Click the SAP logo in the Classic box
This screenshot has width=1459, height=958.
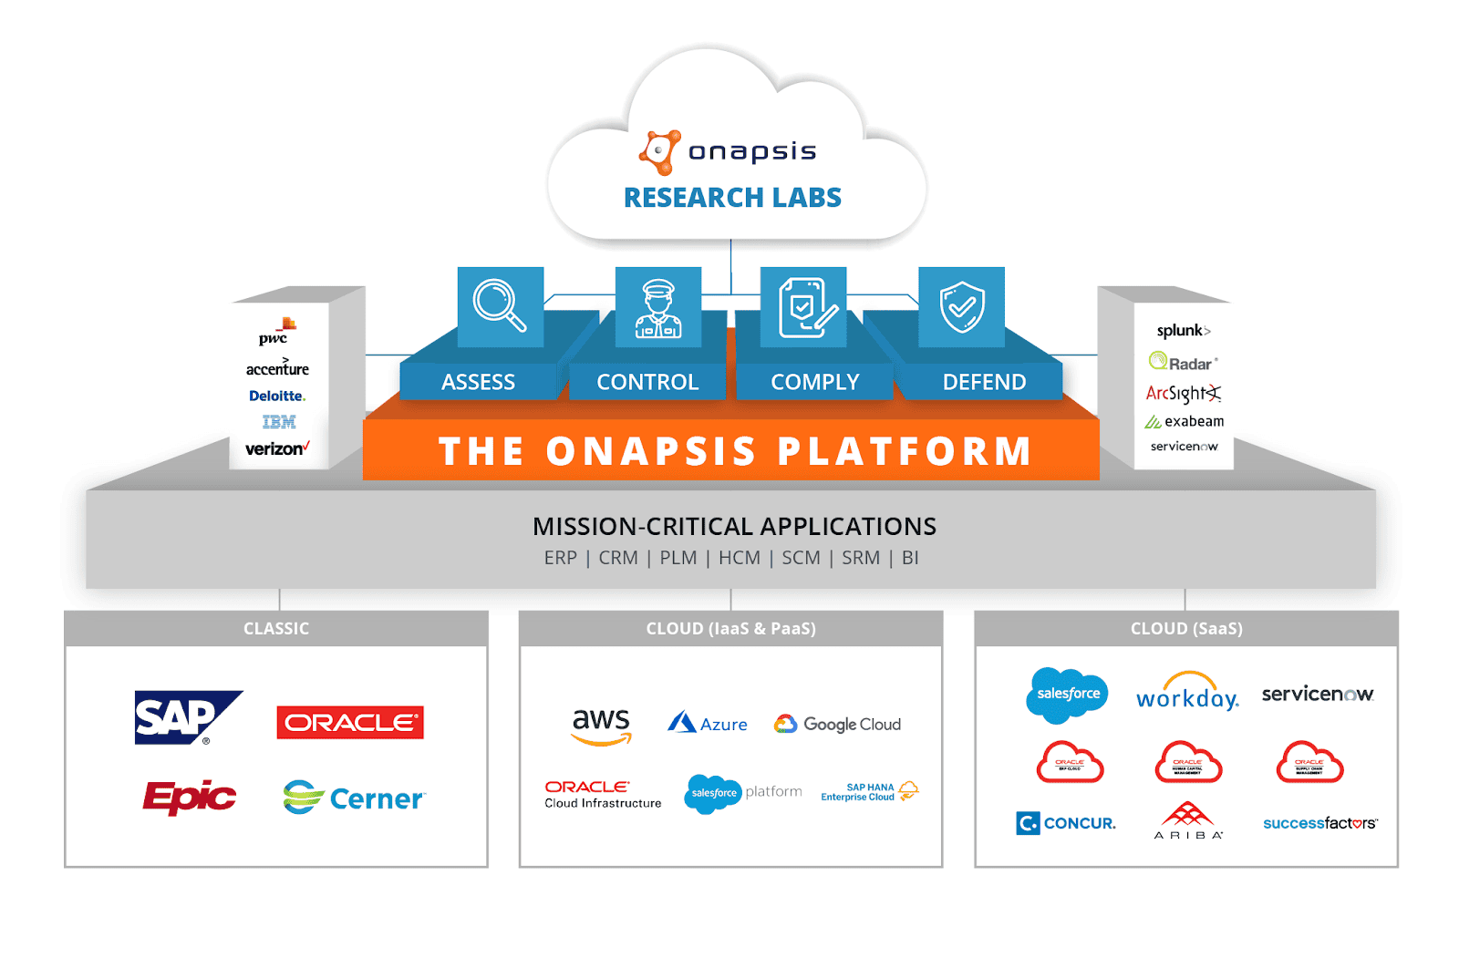[x=186, y=718]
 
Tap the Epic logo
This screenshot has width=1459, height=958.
[x=189, y=798]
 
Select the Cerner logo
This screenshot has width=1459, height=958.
[x=354, y=798]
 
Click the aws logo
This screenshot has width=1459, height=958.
[x=601, y=726]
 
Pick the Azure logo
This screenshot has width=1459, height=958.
[x=708, y=724]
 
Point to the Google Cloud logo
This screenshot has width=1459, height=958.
[x=837, y=725]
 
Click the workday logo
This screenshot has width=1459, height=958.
[x=1187, y=694]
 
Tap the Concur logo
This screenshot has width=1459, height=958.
[x=1066, y=823]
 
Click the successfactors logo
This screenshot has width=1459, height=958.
[x=1319, y=823]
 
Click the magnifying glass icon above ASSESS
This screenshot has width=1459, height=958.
[x=500, y=306]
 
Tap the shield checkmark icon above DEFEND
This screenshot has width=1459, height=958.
[x=962, y=307]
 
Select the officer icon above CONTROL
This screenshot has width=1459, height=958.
[x=658, y=308]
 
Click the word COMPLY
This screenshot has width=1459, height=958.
[x=814, y=382]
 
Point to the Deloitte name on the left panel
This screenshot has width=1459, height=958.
[x=277, y=396]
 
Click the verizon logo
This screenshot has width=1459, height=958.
[x=277, y=448]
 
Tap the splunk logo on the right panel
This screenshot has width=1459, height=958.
[x=1183, y=331]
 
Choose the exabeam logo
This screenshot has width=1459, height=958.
[x=1185, y=421]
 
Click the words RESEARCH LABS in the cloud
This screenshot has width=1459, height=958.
[x=732, y=198]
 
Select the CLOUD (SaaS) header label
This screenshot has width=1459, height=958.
[x=1185, y=629]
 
